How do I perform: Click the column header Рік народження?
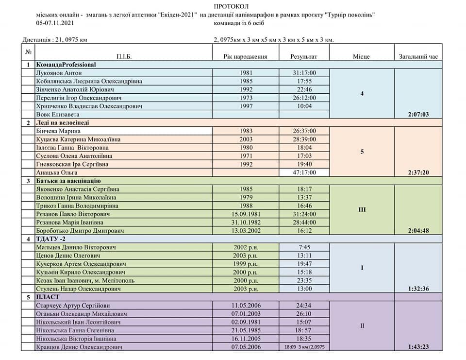click(245, 56)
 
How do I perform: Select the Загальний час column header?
click(418, 56)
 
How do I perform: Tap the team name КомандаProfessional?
click(66, 65)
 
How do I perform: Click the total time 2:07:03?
click(418, 114)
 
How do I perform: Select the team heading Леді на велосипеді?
click(63, 122)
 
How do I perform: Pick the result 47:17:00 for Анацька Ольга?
click(304, 172)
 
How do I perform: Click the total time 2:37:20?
click(418, 172)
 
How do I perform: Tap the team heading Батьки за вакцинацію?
click(68, 181)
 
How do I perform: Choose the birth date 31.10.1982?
click(246, 222)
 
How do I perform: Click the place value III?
click(362, 210)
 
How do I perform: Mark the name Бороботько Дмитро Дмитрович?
click(80, 230)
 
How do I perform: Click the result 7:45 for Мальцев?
click(304, 247)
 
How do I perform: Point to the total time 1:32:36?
click(418, 289)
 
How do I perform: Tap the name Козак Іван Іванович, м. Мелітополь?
click(85, 280)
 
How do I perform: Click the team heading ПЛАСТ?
click(48, 297)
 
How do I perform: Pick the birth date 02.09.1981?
click(246, 322)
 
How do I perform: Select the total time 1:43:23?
click(418, 347)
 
